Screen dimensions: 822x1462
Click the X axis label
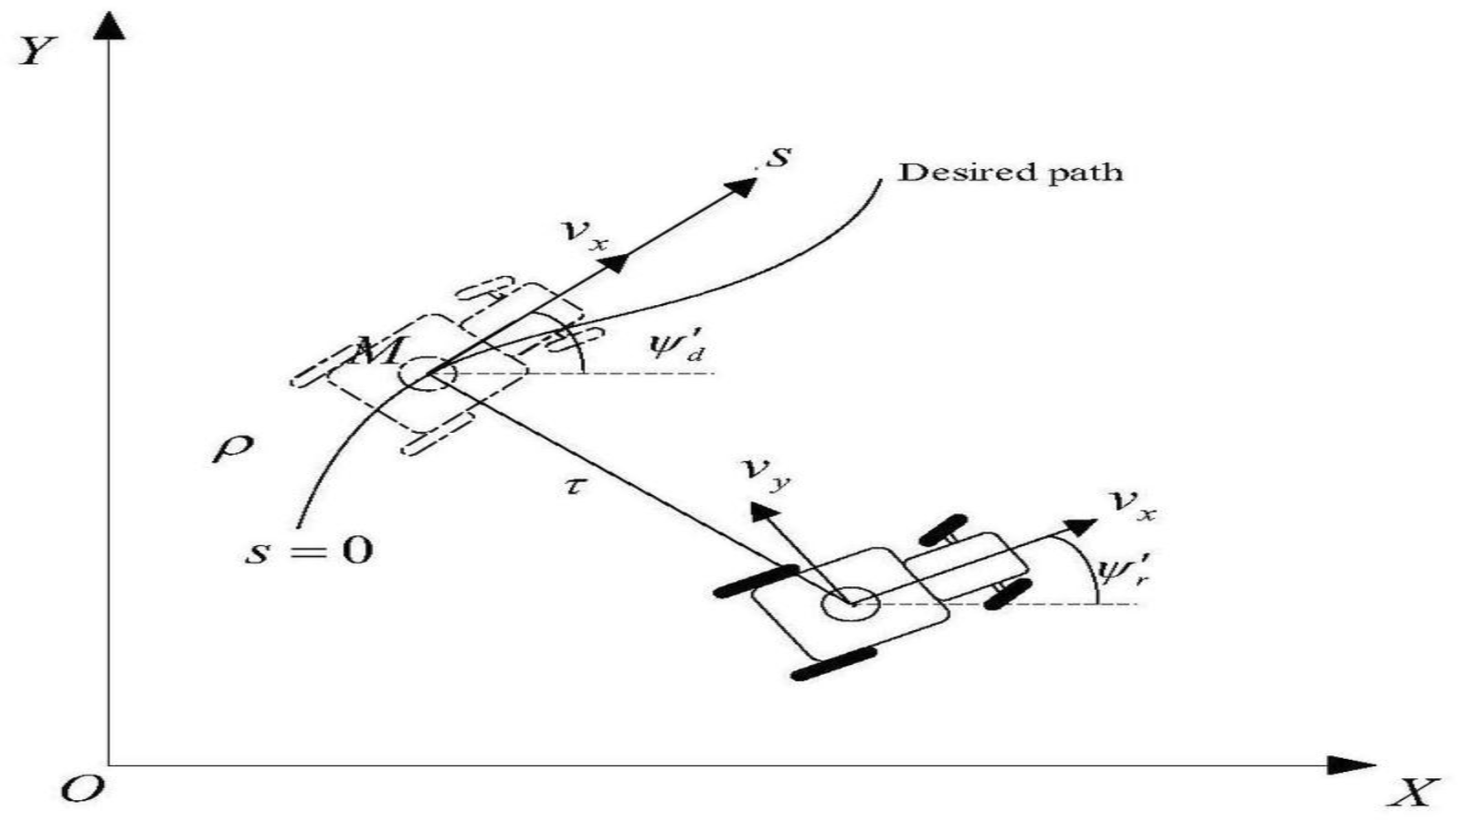(1412, 792)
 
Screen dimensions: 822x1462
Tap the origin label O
(82, 788)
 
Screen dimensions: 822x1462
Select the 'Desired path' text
(1010, 172)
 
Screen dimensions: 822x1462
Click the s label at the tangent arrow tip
(778, 157)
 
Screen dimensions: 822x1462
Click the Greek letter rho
(232, 448)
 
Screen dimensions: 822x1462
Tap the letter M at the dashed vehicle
(376, 350)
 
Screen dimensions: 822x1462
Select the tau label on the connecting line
(573, 485)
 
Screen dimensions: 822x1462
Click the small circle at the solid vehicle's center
(851, 604)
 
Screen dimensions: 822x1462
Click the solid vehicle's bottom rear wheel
(833, 664)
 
